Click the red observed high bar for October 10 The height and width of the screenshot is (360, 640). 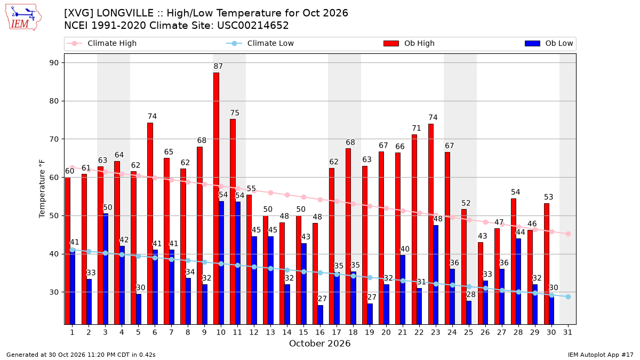217,198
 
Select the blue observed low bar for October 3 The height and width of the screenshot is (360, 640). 106,269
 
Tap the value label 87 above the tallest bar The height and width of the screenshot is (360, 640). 218,66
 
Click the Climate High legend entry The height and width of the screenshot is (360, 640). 102,43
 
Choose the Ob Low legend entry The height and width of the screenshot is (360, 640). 549,43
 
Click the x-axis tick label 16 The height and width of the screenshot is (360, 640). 320,333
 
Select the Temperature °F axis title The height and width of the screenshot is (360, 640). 42,189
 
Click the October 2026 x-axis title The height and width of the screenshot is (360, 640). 319,343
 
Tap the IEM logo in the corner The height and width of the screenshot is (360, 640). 23,18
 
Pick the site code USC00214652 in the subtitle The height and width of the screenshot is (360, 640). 253,26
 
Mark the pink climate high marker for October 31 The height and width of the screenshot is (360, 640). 569,234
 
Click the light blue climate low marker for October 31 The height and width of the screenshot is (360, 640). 569,297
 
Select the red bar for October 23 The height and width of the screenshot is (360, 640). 431,225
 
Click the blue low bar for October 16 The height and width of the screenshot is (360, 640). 321,315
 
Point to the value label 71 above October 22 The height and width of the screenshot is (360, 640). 417,129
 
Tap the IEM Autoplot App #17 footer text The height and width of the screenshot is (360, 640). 601,355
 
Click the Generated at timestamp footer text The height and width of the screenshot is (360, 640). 81,355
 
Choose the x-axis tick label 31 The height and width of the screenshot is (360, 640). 567,333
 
